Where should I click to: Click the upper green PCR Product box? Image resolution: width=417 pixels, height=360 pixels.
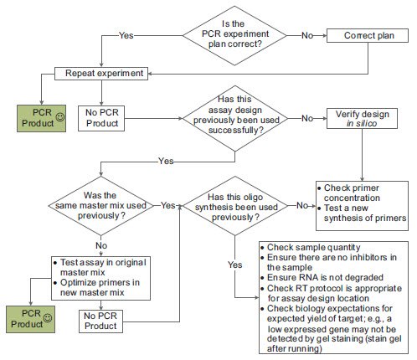click(x=41, y=116)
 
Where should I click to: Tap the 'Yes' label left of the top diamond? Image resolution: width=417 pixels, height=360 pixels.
click(x=126, y=36)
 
